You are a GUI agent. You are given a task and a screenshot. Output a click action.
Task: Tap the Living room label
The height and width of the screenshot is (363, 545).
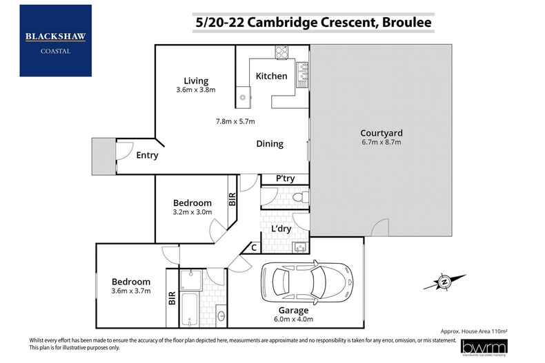point(196,81)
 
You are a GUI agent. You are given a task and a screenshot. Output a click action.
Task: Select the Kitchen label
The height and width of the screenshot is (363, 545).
point(271,76)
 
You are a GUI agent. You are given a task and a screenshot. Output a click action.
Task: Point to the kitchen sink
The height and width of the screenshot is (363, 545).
point(243,97)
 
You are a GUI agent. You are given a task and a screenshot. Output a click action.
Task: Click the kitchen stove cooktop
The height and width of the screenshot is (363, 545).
point(302,74)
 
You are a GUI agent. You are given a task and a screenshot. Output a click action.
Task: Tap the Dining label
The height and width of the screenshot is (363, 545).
point(270,144)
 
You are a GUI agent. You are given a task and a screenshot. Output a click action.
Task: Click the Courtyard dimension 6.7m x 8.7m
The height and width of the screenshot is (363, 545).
point(381,142)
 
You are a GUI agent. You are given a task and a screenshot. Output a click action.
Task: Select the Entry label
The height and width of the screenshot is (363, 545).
point(147,155)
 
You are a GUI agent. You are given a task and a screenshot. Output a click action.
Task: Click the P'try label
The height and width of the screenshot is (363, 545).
point(285,179)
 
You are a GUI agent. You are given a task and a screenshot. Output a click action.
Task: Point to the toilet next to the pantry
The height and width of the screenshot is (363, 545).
point(299,198)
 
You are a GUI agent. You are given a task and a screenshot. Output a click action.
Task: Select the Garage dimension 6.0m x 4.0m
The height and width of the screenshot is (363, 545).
point(295,319)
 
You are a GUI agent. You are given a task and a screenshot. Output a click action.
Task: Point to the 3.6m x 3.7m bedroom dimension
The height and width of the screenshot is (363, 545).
point(131,291)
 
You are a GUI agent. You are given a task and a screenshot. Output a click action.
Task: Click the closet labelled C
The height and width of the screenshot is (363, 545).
point(254,248)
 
